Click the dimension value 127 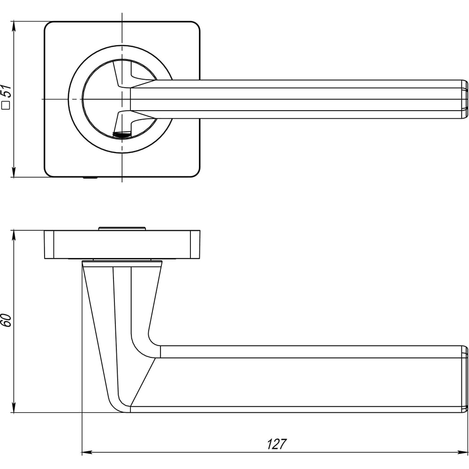tap(277, 444)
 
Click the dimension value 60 tap(6, 320)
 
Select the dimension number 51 tap(6, 91)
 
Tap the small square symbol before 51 tap(6, 105)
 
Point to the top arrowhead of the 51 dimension tap(14, 26)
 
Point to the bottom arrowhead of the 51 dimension tap(14, 172)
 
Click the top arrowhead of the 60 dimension tap(14, 235)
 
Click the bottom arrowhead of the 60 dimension tap(14, 408)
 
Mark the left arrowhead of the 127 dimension tap(87, 453)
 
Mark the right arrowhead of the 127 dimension tap(462, 453)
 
